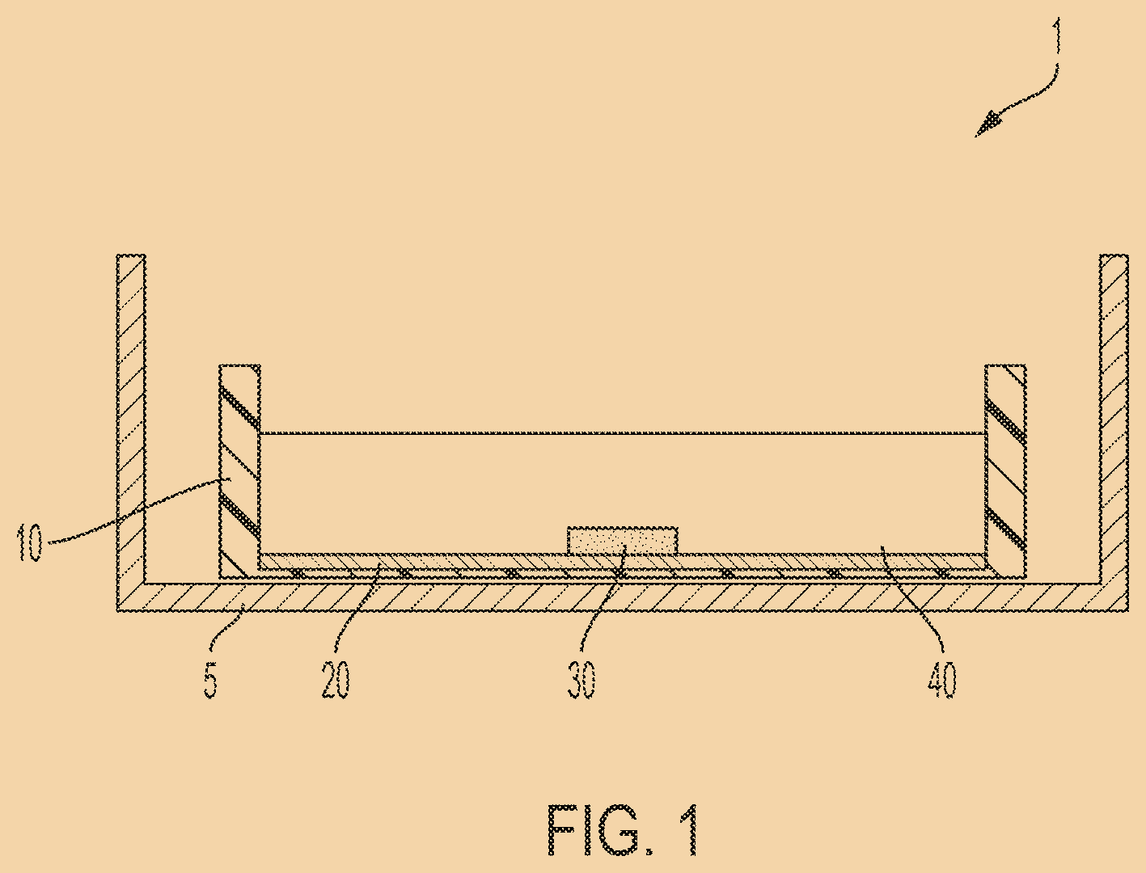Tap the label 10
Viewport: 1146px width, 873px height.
point(30,542)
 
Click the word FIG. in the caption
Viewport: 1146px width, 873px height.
point(599,830)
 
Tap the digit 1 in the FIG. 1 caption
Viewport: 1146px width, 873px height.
point(685,830)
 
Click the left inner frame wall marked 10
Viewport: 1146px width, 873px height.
point(239,469)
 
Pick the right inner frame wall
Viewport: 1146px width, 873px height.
point(1005,469)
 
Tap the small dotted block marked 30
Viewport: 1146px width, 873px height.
point(622,540)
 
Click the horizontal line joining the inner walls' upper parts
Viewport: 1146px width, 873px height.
point(623,434)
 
